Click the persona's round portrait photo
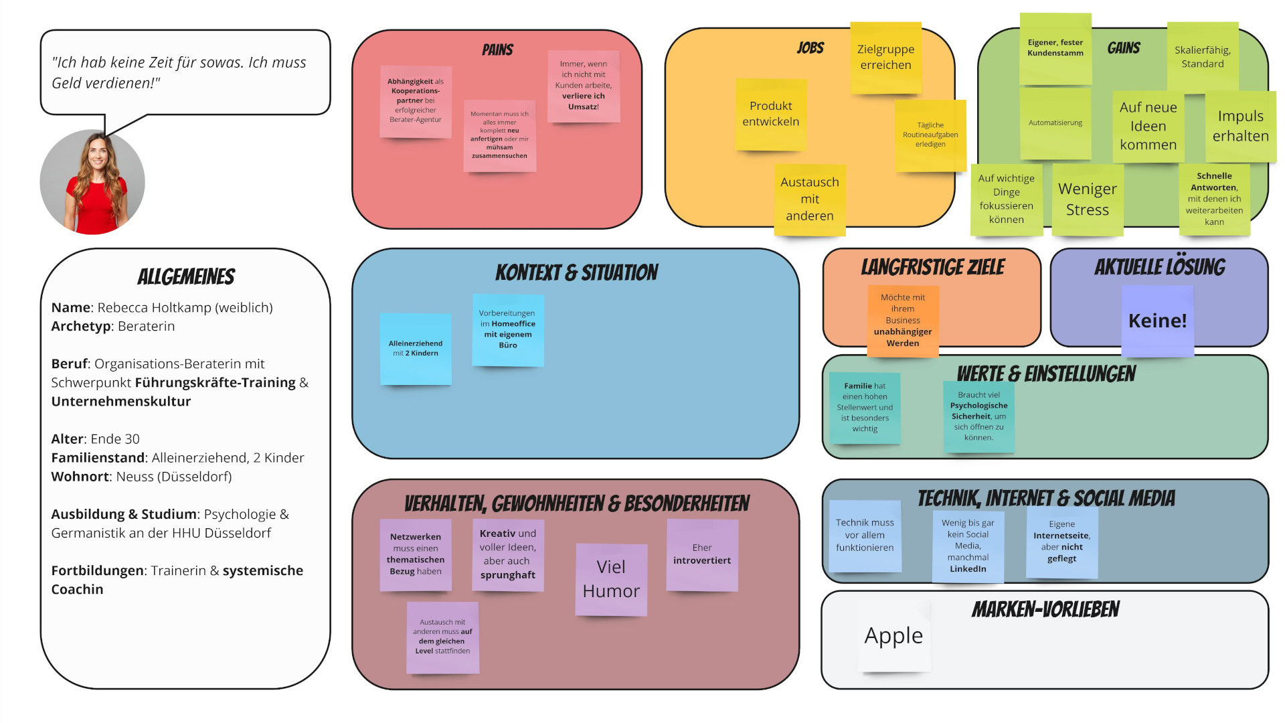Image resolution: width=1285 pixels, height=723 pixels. tap(92, 182)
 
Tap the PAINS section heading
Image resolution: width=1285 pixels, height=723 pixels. tap(497, 50)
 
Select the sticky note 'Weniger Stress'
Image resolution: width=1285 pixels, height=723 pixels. tap(1088, 199)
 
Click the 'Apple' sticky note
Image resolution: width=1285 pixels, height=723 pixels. tap(894, 635)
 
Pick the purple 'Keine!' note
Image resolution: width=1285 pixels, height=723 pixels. tap(1157, 321)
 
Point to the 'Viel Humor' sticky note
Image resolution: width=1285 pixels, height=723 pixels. tap(611, 579)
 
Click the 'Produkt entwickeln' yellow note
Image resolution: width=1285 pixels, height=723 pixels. tap(771, 114)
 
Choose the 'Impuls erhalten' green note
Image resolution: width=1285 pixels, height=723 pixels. tap(1240, 126)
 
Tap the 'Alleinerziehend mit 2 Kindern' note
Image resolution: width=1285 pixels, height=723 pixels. tap(416, 348)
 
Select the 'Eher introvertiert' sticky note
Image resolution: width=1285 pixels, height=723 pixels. tap(702, 554)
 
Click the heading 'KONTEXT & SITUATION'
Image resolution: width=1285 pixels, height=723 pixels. tap(576, 272)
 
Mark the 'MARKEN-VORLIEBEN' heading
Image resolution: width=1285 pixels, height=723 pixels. tap(1045, 609)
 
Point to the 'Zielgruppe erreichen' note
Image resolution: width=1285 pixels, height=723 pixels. tap(885, 58)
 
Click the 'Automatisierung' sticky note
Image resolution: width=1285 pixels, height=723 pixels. tap(1055, 123)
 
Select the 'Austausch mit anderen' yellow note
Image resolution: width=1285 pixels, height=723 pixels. tap(810, 199)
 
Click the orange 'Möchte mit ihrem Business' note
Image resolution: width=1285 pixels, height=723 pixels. tap(903, 320)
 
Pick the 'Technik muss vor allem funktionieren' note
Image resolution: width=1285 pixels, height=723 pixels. tap(865, 535)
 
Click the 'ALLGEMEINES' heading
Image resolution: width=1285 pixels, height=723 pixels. tap(186, 276)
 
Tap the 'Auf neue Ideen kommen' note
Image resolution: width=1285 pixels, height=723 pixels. tap(1148, 126)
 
